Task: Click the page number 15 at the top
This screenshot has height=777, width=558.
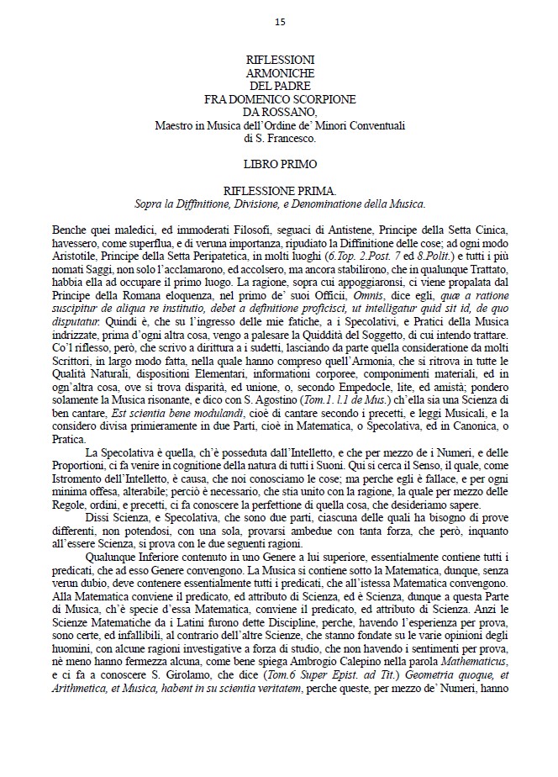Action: (x=279, y=23)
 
